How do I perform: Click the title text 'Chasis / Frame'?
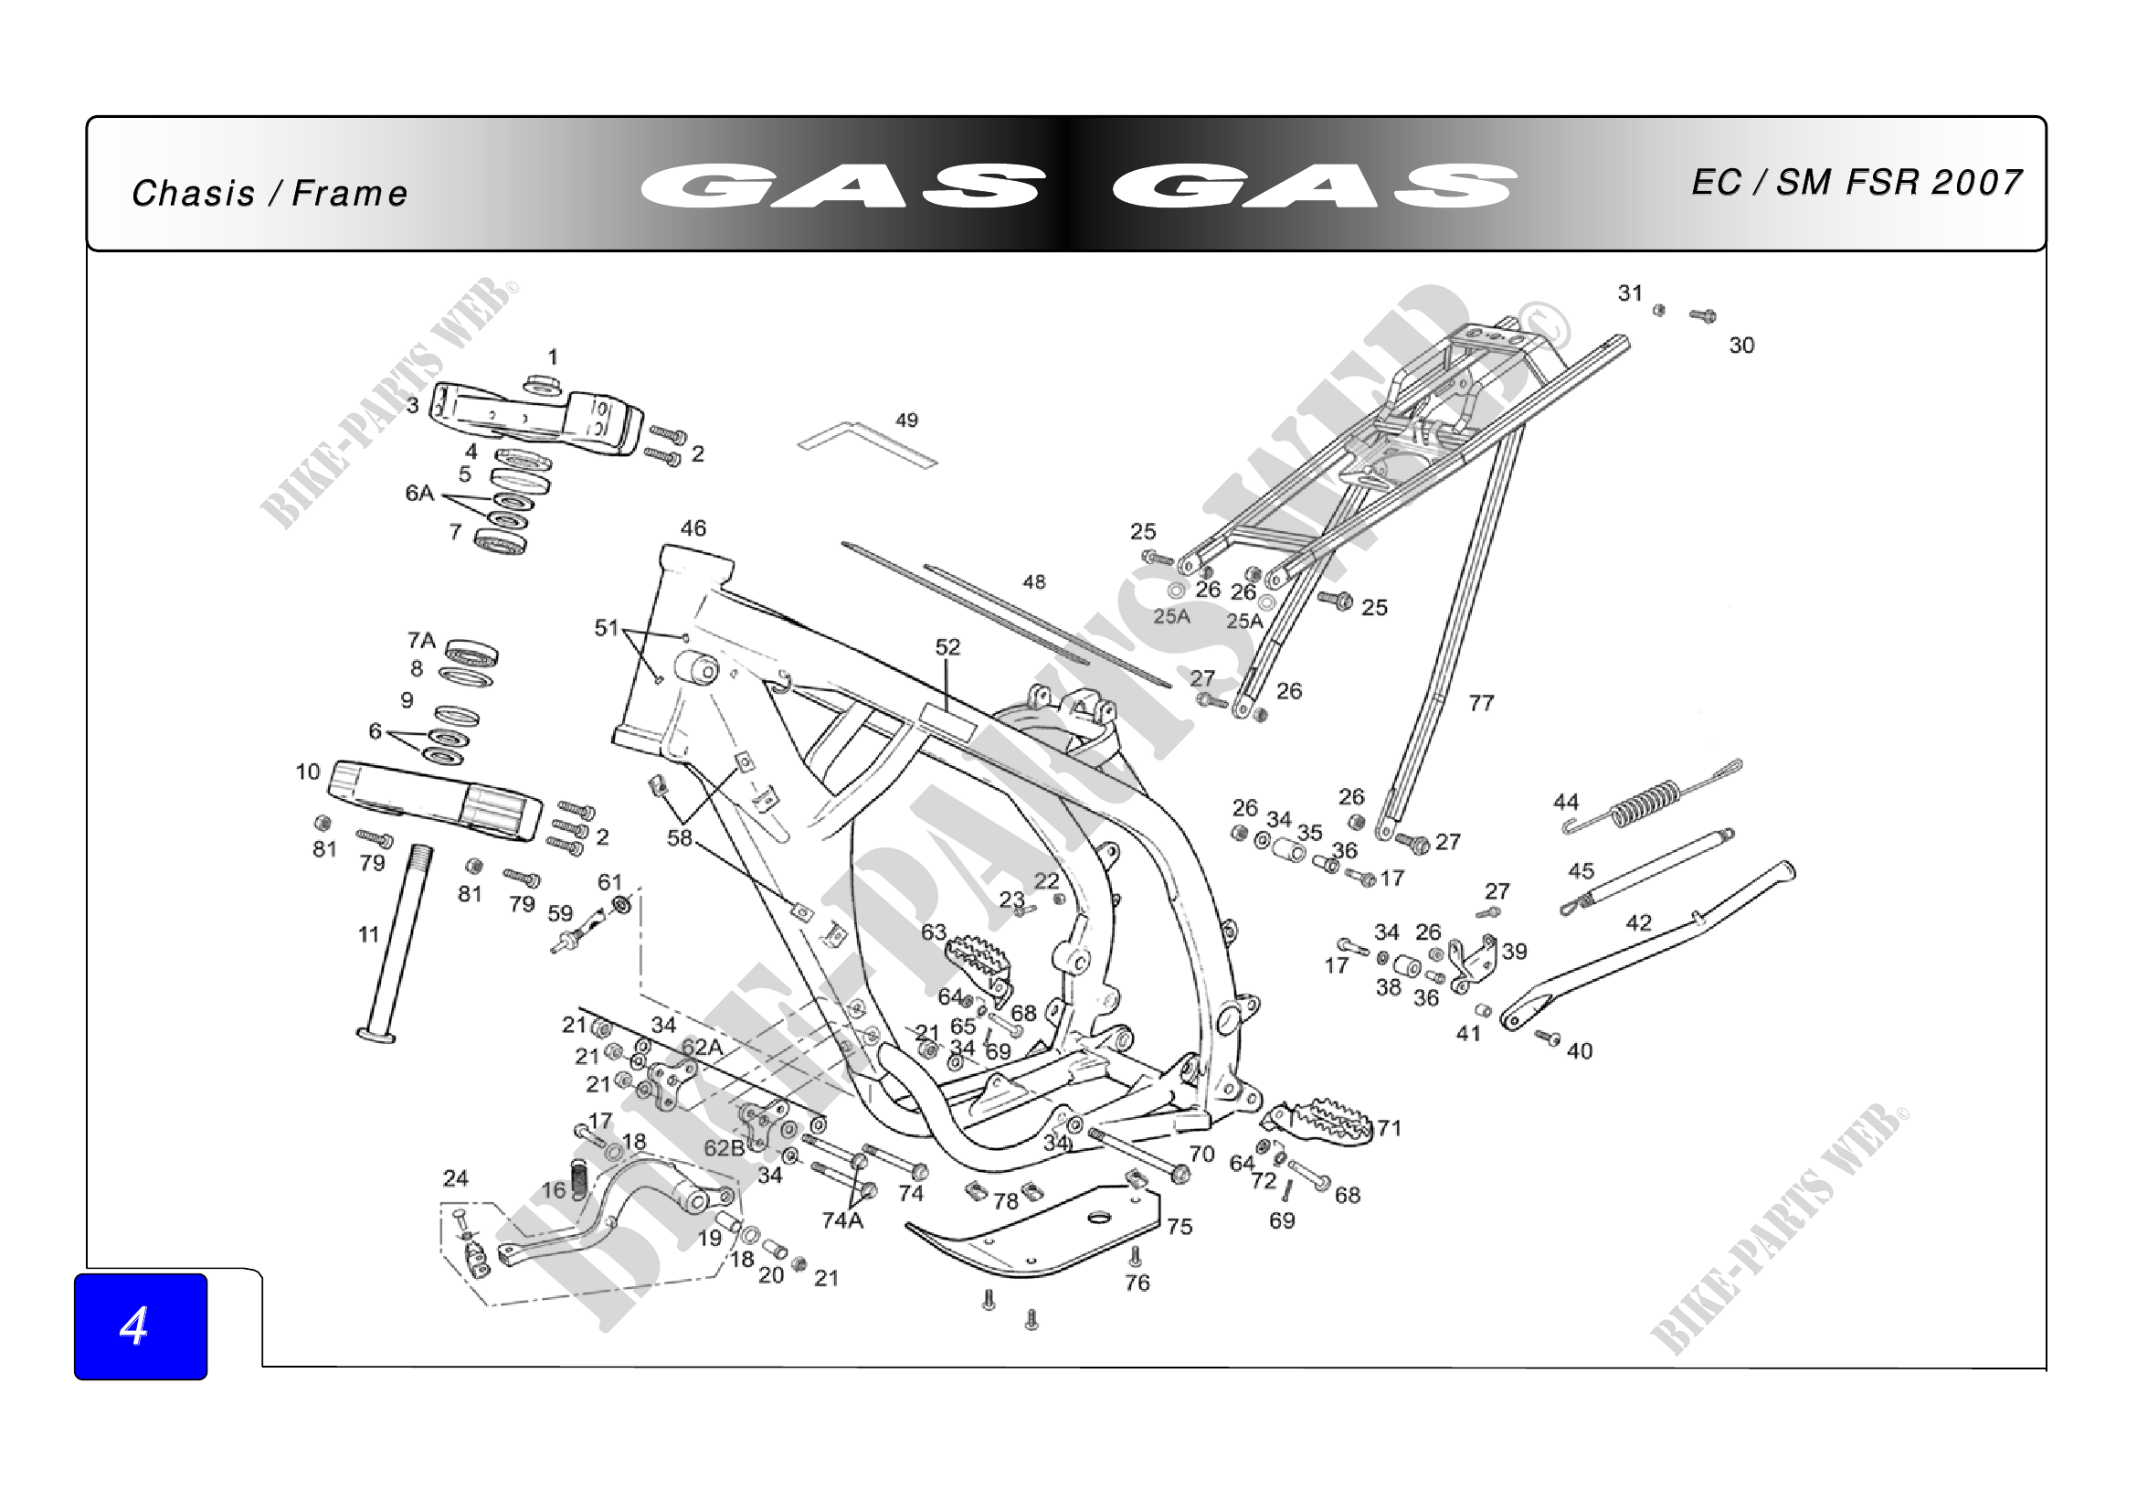click(269, 194)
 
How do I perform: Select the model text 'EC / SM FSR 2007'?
click(1856, 183)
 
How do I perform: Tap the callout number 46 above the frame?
click(693, 527)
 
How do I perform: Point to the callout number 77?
click(1481, 703)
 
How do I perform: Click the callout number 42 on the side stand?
click(1638, 922)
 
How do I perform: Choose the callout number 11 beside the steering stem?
click(368, 934)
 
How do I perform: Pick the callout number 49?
click(906, 420)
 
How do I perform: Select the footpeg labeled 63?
click(978, 959)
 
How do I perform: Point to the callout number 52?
click(947, 646)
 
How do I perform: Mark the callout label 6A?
click(419, 493)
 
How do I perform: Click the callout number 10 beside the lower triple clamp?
click(307, 771)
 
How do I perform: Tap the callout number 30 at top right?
click(1741, 346)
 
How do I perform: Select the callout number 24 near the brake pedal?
click(455, 1177)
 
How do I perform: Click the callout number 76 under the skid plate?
click(1137, 1282)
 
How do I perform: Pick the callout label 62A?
click(702, 1048)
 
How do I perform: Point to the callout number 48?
click(1034, 582)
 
